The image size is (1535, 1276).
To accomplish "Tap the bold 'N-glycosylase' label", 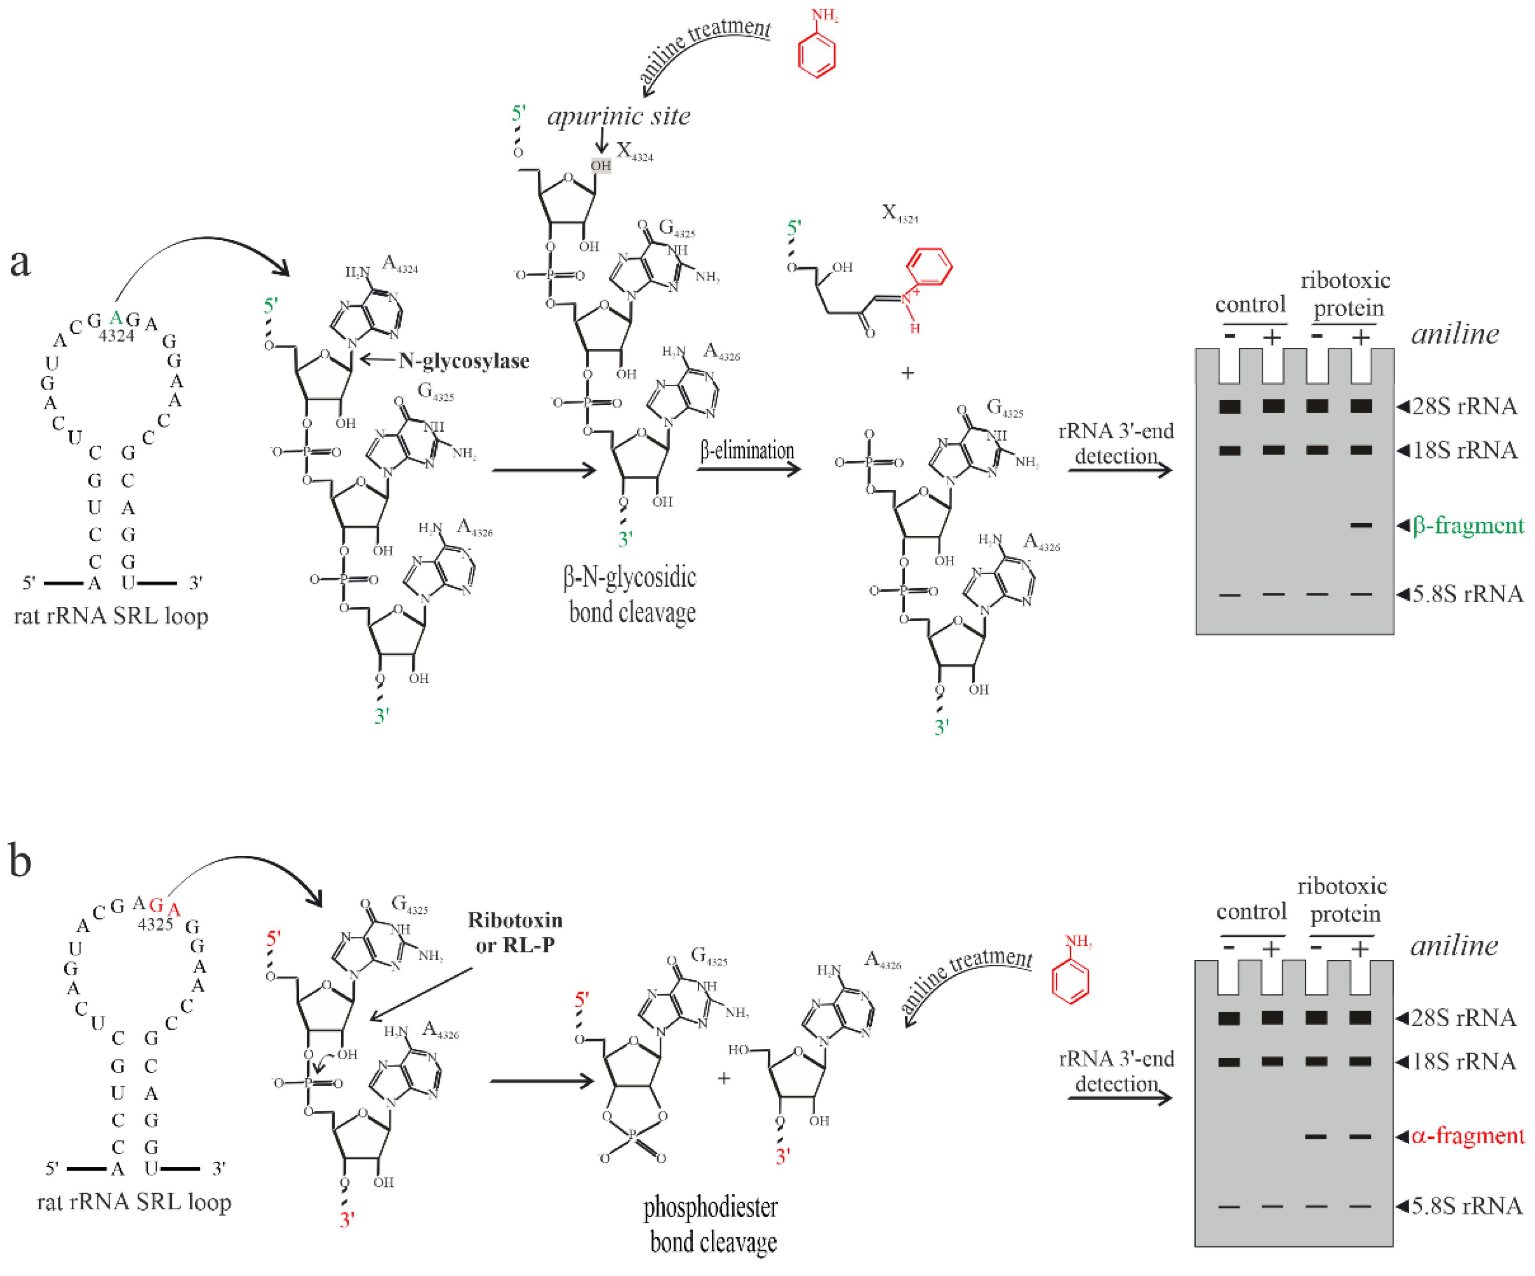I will click(463, 361).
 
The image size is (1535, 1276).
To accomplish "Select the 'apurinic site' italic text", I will click(619, 116).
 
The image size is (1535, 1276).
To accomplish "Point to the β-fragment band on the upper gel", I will click(1360, 525).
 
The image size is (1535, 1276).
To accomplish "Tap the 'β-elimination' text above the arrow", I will click(746, 451).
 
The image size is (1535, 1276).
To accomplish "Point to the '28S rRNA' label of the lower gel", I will click(1463, 1017).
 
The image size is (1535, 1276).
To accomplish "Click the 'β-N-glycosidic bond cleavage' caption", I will click(630, 595).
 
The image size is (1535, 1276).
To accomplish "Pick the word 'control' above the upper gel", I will click(1250, 304).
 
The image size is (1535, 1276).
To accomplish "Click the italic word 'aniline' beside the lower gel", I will click(1454, 945).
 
